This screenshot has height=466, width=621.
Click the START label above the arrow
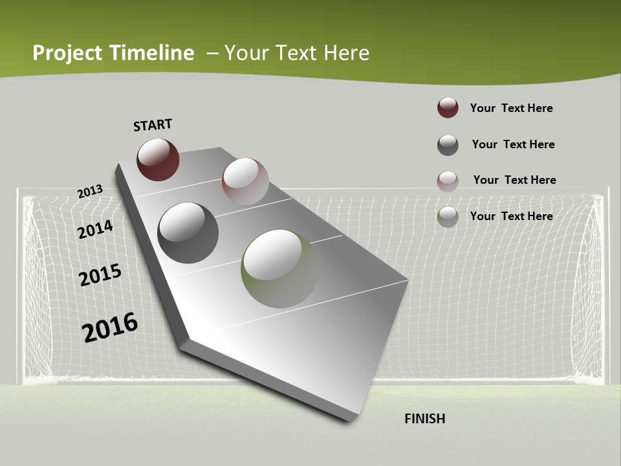coord(153,125)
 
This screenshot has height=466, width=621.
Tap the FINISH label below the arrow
coord(425,419)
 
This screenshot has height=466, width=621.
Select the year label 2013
coord(90,192)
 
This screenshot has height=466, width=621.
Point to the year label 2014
coord(95,230)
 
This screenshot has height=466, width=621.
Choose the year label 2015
coord(100,275)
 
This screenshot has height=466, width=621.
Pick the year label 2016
coord(110,327)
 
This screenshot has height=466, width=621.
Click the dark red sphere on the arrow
coord(158,159)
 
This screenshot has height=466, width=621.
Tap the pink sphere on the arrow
coord(245,181)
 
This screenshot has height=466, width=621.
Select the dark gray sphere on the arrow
coord(188,233)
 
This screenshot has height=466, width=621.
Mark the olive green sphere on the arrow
coord(280,269)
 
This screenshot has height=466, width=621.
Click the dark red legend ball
coord(448,108)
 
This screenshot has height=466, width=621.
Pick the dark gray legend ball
coord(448,145)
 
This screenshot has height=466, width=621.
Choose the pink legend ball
coord(448,181)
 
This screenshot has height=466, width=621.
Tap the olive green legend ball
coord(448,217)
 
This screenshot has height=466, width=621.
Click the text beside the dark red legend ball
coord(511,108)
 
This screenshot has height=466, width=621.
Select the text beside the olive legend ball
coord(511,216)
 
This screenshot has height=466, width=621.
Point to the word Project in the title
coord(67,53)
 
